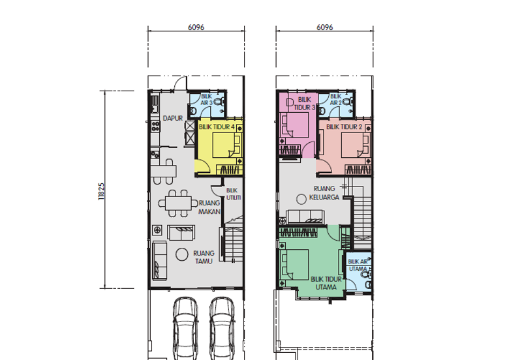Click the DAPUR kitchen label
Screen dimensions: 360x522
point(172,119)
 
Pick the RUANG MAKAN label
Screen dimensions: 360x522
point(209,207)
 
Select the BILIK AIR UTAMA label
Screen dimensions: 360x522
point(358,263)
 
